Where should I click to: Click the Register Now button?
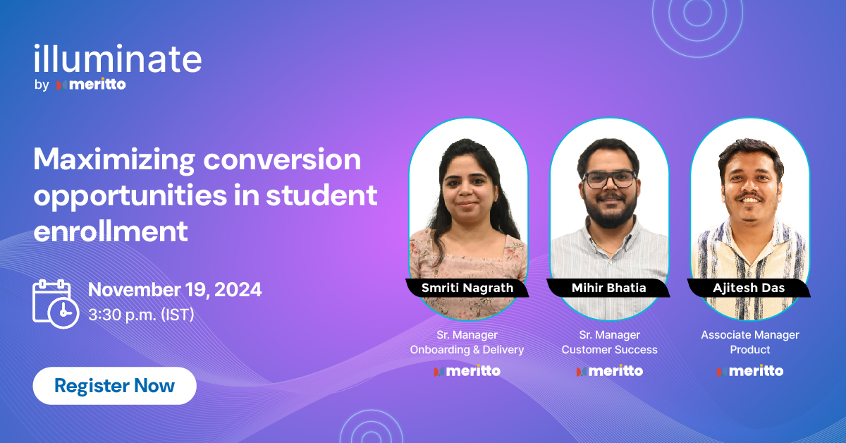pyautogui.click(x=114, y=386)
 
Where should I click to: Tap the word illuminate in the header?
pyautogui.click(x=117, y=60)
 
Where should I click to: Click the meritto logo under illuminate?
pyautogui.click(x=92, y=85)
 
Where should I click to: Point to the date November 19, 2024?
pyautogui.click(x=175, y=289)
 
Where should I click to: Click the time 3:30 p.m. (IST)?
pyautogui.click(x=141, y=315)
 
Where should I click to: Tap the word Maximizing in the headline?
pyautogui.click(x=114, y=160)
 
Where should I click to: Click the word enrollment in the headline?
pyautogui.click(x=111, y=230)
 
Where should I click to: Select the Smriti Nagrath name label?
pyautogui.click(x=467, y=288)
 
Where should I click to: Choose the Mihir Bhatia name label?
pyautogui.click(x=608, y=288)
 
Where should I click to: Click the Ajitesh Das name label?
pyautogui.click(x=749, y=288)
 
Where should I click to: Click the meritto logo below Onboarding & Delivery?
pyautogui.click(x=467, y=371)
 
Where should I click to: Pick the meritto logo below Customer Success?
pyautogui.click(x=609, y=371)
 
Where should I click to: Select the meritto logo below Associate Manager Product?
pyautogui.click(x=750, y=371)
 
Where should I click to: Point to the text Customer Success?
pyautogui.click(x=609, y=350)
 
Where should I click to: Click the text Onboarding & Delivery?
pyautogui.click(x=467, y=350)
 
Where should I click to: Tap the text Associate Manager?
pyautogui.click(x=750, y=335)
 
